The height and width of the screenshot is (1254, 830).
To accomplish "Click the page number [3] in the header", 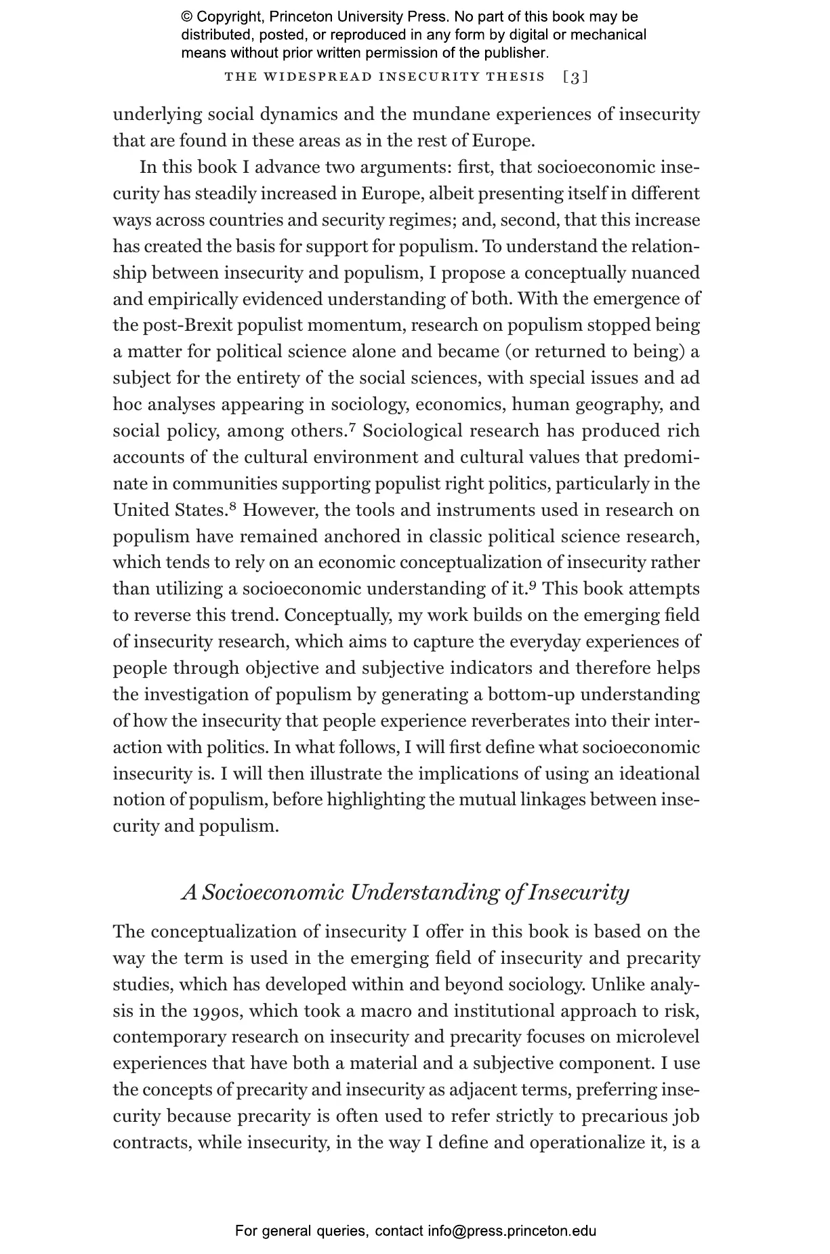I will coord(575,77).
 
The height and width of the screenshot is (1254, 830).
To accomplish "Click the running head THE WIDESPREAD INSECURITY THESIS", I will coord(384,77).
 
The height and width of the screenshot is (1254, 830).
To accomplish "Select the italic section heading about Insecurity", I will coord(405,892).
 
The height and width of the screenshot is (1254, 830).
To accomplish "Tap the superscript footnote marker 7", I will coord(352,428).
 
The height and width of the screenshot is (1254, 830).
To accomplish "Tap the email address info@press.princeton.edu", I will coord(512,1231).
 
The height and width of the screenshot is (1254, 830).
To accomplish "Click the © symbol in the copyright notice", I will coord(187,18).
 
